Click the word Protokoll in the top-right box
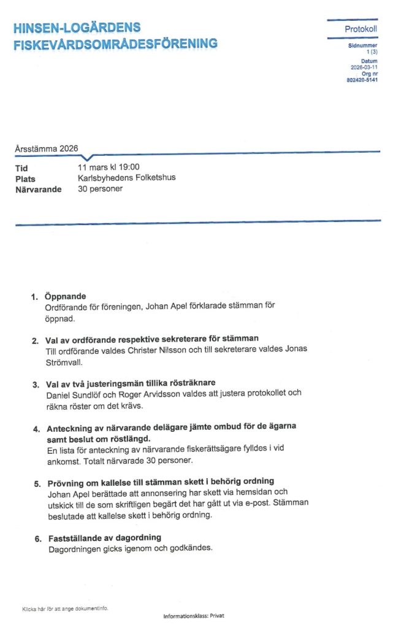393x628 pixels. [x=361, y=29]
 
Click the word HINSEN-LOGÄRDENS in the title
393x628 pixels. [x=77, y=28]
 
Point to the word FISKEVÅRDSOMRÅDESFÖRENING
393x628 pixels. [x=115, y=44]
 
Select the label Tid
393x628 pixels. [x=21, y=168]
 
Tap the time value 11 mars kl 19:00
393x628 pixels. [x=109, y=167]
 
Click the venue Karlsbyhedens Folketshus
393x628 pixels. [x=127, y=178]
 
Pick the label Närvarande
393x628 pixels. [x=38, y=190]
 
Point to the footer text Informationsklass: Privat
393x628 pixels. [x=194, y=616]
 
